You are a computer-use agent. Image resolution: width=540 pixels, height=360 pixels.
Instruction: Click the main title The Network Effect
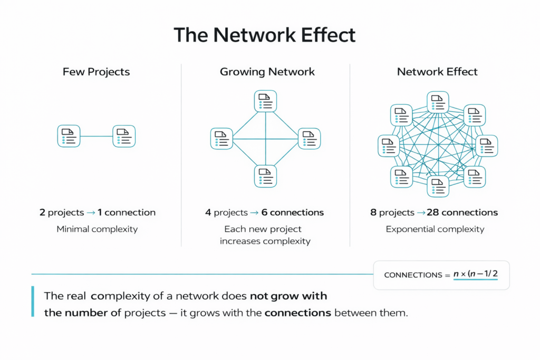[x=265, y=35]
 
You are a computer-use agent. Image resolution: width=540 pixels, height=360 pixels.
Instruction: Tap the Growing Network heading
[x=267, y=72]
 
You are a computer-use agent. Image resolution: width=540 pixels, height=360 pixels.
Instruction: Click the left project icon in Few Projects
[x=69, y=136]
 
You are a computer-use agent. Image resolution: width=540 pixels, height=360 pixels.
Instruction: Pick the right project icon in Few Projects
[x=124, y=136]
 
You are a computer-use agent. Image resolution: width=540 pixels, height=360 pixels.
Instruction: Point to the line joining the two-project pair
[x=96, y=136]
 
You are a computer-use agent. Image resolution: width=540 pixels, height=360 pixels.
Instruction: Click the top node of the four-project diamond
[x=265, y=101]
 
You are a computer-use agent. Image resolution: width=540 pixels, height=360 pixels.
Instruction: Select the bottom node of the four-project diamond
[x=265, y=176]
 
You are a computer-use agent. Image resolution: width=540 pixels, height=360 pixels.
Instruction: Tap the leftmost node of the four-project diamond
[x=221, y=139]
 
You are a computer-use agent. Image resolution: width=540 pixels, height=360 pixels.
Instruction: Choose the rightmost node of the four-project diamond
[x=310, y=139]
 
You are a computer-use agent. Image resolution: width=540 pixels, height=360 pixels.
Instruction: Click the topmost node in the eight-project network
[x=437, y=102]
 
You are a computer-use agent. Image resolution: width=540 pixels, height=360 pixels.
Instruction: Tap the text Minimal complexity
[x=97, y=229]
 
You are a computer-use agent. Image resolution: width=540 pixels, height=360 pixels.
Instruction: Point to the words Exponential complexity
[x=435, y=229]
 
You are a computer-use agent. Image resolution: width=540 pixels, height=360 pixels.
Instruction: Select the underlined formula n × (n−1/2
[x=475, y=275]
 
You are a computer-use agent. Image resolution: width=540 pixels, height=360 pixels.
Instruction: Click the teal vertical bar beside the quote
[x=33, y=302]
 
